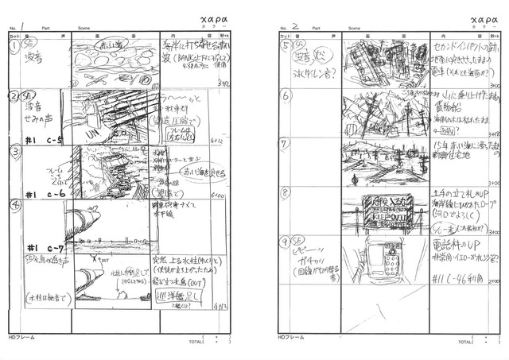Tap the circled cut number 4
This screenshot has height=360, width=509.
coord(14,204)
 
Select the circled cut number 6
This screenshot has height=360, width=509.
coord(286,95)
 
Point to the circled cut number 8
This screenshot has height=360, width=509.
coord(286,192)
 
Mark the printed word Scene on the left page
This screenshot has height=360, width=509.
coord(84,29)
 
